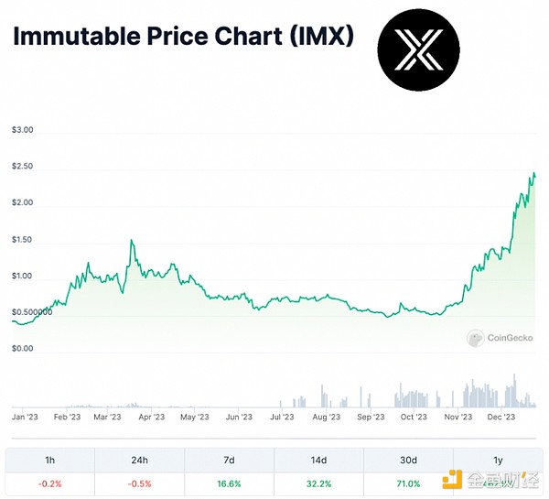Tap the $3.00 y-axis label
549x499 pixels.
pos(22,130)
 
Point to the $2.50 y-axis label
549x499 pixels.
pos(22,167)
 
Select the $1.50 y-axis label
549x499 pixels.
pos(22,240)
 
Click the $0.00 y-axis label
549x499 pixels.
pos(22,349)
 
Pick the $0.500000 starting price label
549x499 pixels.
pos(32,312)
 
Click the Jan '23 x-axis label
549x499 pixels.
pos(25,417)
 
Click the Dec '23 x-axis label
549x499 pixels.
pos(500,417)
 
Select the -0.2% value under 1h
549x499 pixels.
pos(49,484)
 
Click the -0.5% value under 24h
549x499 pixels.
pos(139,484)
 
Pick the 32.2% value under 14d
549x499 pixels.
pos(318,484)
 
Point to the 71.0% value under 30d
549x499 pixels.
pos(408,484)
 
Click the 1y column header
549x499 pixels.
pos(498,460)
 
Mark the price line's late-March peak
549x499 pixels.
pos(132,240)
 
